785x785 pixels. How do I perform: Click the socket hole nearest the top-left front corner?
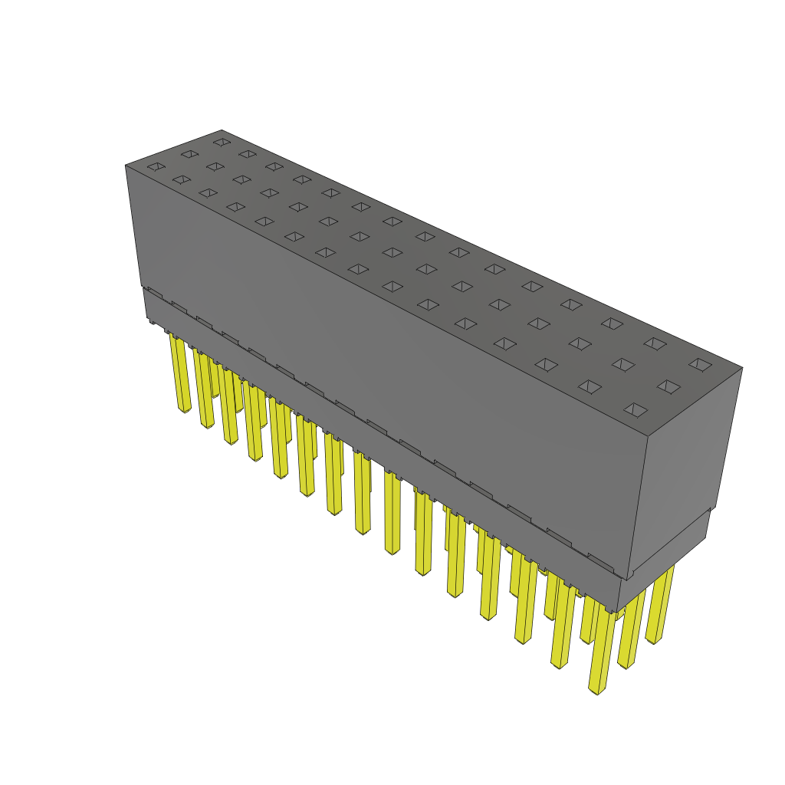tap(156, 166)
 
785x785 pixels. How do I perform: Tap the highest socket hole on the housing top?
tap(222, 142)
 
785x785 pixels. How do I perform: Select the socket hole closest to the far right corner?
tap(700, 365)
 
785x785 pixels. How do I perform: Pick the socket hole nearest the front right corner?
tap(636, 410)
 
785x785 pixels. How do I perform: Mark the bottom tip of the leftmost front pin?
tap(184, 410)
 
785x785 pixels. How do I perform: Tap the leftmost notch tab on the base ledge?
tap(154, 293)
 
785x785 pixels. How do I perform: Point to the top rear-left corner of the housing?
tap(222, 130)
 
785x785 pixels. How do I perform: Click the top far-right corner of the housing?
tap(742, 368)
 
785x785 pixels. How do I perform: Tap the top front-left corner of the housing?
tap(126, 166)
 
